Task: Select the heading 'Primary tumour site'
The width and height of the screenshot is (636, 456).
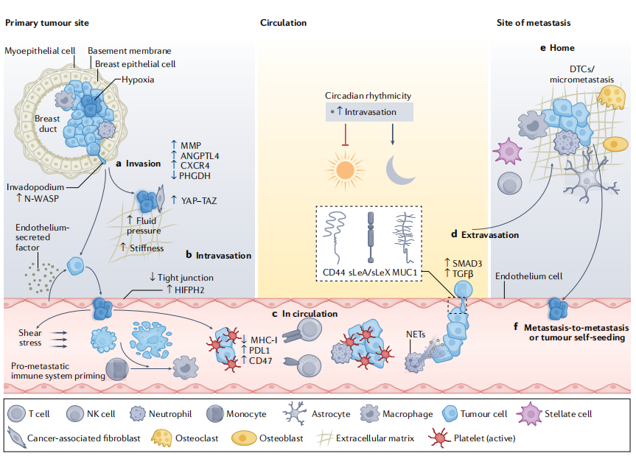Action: click(47, 23)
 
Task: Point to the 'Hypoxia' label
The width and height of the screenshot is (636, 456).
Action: click(139, 80)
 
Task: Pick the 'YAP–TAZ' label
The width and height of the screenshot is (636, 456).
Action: click(202, 199)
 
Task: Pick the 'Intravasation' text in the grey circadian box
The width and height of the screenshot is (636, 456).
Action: click(371, 112)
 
